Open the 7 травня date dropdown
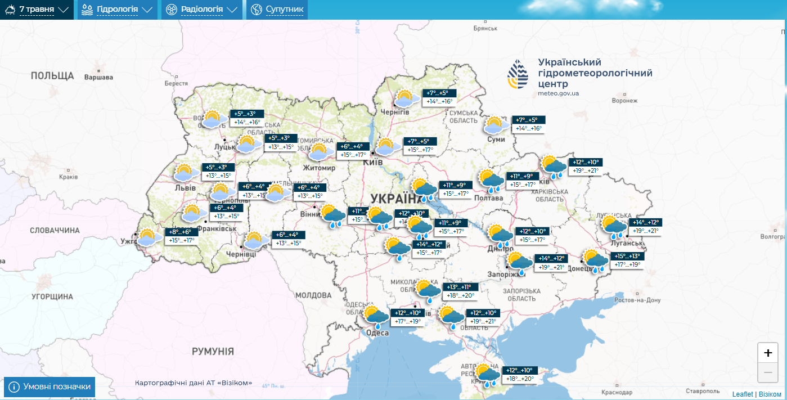37,10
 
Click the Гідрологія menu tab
116,10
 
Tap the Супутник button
277,10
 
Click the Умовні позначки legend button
49,387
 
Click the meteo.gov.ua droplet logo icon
518,75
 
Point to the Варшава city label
98,77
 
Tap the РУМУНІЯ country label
213,351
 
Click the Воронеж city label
624,101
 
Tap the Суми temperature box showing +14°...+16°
529,128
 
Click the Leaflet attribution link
743,394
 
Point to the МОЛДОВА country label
313,295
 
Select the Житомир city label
319,168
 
